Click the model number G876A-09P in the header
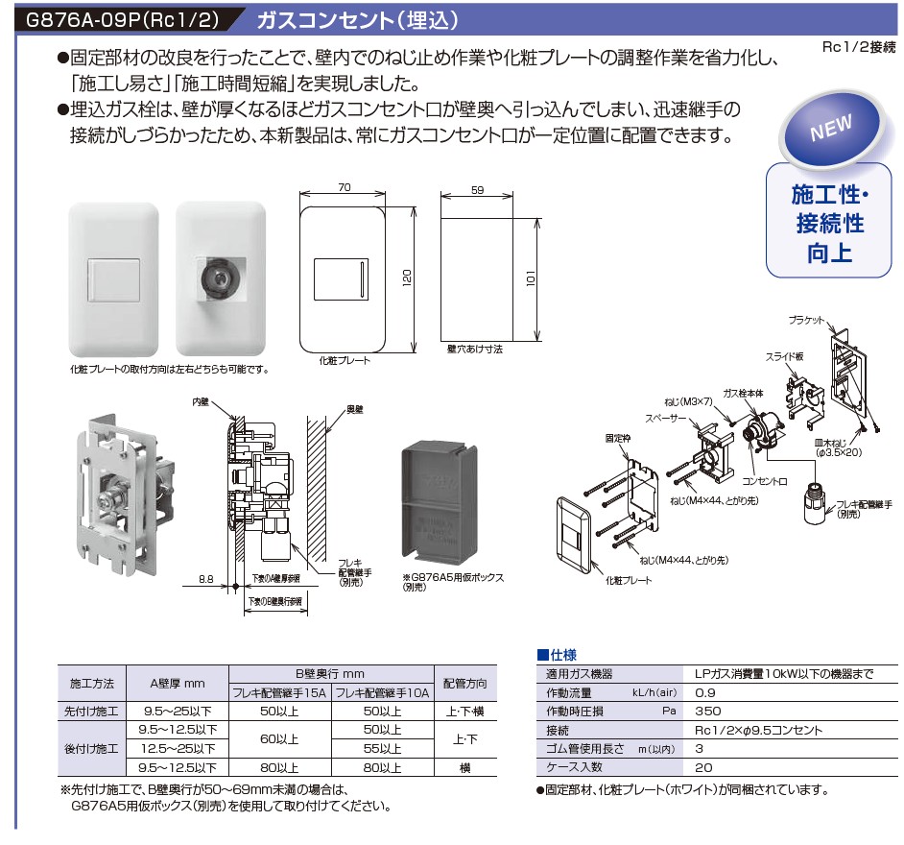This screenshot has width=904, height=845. coord(72,18)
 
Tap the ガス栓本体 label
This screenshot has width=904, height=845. coord(742,394)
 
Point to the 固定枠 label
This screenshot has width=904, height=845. coord(617,437)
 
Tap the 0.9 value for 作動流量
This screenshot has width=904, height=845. coord(704,692)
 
